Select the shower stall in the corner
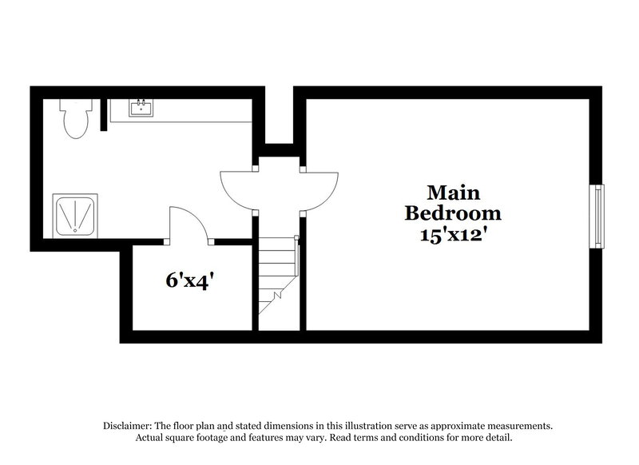tap(76, 215)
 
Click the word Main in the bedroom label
tap(453, 193)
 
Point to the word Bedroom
tap(453, 213)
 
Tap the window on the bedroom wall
tap(596, 216)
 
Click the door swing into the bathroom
tap(237, 189)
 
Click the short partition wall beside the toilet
tap(101, 114)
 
